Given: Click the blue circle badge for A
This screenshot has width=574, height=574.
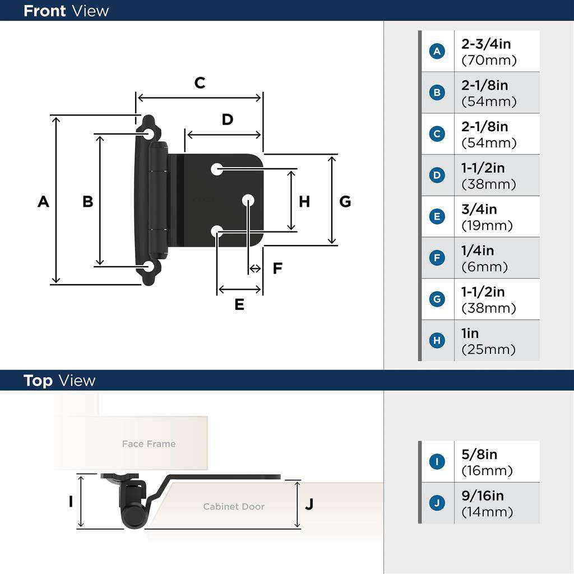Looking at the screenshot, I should [x=437, y=52].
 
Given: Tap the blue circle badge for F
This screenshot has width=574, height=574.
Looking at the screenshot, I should [x=437, y=258].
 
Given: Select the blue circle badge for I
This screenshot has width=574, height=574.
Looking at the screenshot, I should [x=437, y=462].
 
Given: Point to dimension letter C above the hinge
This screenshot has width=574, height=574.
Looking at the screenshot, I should [x=200, y=83].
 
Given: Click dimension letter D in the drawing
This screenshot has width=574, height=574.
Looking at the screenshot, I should [x=227, y=119].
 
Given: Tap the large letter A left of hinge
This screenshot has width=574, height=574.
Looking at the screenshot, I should [x=43, y=201].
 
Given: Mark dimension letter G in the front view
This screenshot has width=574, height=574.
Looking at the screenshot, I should [x=345, y=201].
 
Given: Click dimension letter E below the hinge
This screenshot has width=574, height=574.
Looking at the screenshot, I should [x=239, y=304].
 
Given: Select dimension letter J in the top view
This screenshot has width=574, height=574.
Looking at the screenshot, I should [x=309, y=504].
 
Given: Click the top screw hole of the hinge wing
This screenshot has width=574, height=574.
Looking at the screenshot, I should [x=149, y=133].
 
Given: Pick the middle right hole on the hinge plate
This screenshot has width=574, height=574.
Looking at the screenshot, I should [x=248, y=200].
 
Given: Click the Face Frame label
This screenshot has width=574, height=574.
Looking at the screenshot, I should [x=149, y=444].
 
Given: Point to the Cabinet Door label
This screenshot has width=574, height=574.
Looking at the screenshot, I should [x=234, y=507].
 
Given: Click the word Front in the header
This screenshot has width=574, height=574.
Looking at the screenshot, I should [x=44, y=11].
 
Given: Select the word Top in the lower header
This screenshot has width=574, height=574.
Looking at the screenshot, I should [x=38, y=381].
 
